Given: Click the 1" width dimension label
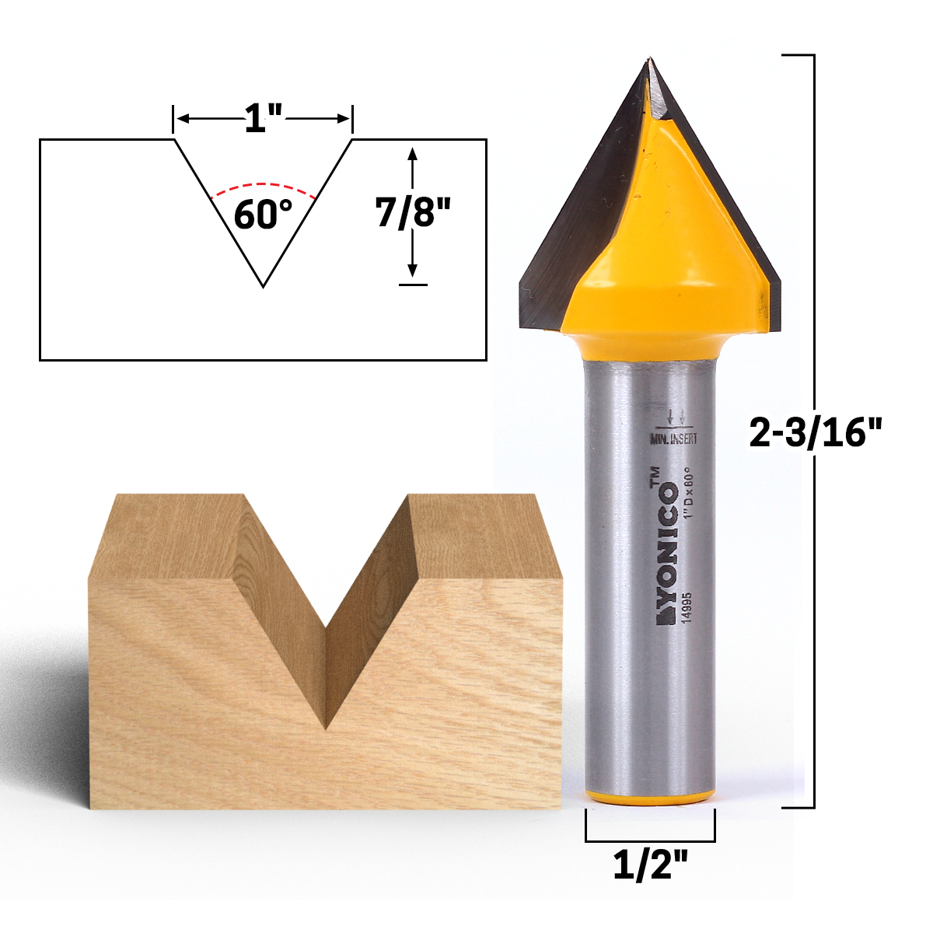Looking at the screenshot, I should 263,119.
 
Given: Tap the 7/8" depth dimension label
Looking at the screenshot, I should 414,211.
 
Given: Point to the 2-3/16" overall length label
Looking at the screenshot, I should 816,432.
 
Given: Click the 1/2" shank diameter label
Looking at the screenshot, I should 650,865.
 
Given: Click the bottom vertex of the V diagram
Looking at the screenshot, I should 264,286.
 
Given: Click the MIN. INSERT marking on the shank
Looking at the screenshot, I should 673,439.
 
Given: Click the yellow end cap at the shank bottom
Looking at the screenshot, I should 650,798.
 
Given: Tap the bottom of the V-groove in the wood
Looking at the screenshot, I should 327,727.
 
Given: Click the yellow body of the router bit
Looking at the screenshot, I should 661,249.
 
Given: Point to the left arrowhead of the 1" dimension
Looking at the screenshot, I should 181,119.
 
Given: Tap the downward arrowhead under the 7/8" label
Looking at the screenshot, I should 413,271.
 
